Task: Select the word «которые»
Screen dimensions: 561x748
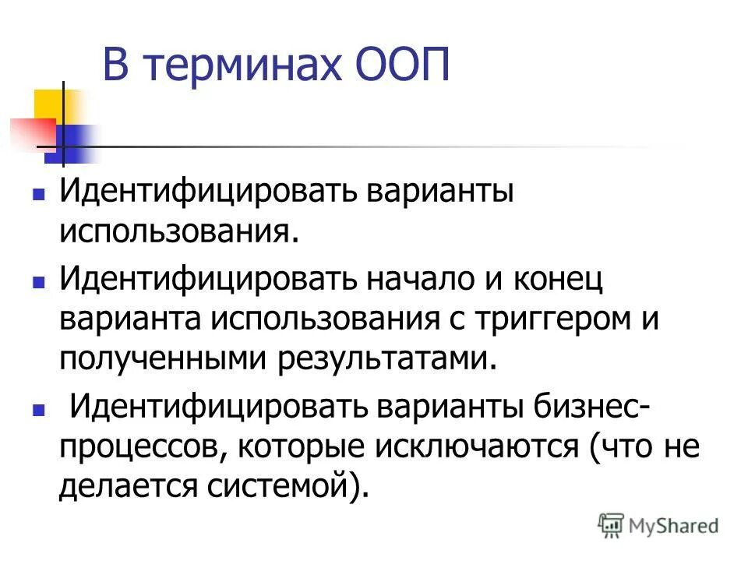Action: (x=296, y=447)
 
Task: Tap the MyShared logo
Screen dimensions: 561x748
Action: (x=658, y=525)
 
